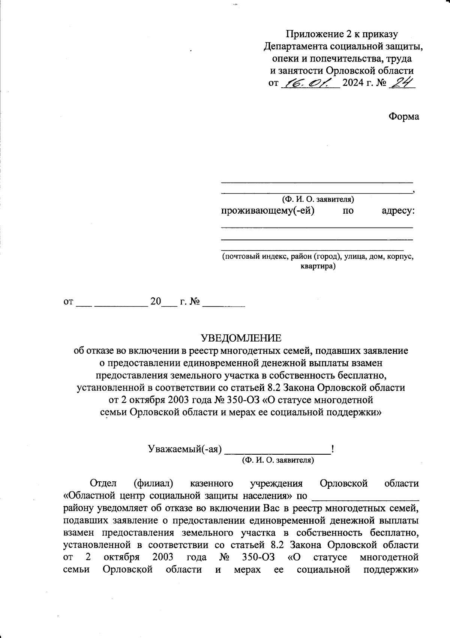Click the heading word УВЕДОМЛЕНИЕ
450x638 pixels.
click(x=241, y=338)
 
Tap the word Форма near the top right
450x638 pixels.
click(x=403, y=116)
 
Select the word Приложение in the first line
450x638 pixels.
click(x=313, y=34)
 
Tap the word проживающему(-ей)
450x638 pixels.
click(x=267, y=211)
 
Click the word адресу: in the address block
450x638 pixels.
click(x=398, y=211)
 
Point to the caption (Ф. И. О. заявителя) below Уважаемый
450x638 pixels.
click(x=278, y=460)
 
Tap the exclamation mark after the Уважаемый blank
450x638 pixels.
click(x=333, y=448)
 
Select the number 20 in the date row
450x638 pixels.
click(x=155, y=302)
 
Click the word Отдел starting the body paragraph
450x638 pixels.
click(x=103, y=484)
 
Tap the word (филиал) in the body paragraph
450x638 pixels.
click(x=153, y=484)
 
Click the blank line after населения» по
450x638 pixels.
click(x=365, y=498)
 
